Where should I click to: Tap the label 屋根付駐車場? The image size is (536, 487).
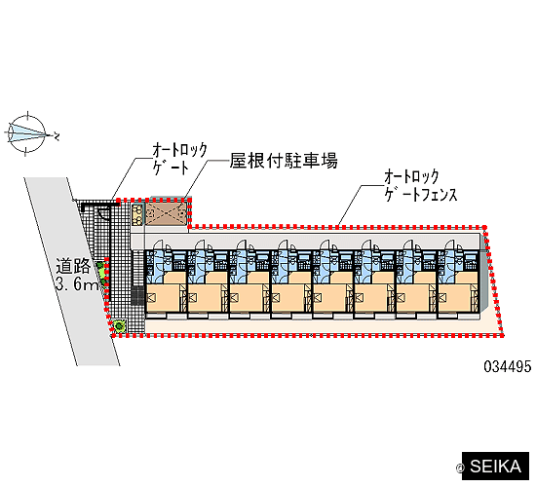tap(284, 161)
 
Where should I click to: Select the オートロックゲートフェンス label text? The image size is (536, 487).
tap(420, 186)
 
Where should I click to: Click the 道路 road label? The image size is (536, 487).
tap(73, 266)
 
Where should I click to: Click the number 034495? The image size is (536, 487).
tap(508, 366)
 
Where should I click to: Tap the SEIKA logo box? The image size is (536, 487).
tap(495, 467)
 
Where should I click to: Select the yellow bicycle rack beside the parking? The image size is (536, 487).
tap(137, 214)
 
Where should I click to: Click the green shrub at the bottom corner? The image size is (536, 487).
tap(119, 325)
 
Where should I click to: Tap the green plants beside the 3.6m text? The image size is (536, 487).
tap(101, 274)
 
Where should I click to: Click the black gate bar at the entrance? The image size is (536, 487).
tap(99, 205)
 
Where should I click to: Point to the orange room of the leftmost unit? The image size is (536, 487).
tap(164, 297)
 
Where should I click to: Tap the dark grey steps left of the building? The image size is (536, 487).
tap(137, 295)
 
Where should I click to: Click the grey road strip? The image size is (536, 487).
tap(72, 272)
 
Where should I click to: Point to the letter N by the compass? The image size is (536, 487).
tap(56, 135)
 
